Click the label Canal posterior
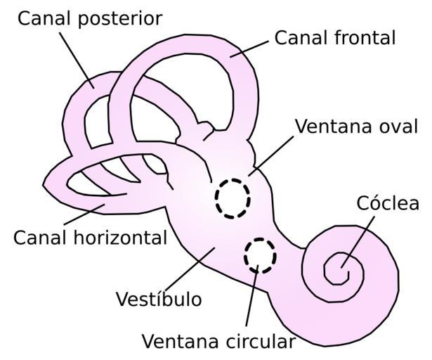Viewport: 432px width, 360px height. coord(90,18)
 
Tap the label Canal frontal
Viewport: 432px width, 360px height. coord(334,37)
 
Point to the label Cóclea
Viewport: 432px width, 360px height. coord(388,204)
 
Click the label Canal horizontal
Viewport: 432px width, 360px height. coord(90,237)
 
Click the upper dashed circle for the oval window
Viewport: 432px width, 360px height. coord(233,198)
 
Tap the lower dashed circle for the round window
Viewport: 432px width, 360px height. coord(261,255)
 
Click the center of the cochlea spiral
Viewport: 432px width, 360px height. coord(343,266)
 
